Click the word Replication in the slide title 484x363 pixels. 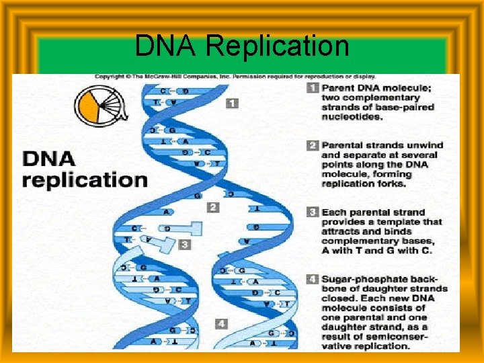pos(277,46)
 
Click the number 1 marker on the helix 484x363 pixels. pos(231,104)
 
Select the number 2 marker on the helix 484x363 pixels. pos(213,207)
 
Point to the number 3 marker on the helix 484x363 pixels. pos(185,245)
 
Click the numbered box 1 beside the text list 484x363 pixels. pos(313,88)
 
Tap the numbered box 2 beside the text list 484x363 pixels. pos(313,145)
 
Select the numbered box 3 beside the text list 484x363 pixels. pos(313,212)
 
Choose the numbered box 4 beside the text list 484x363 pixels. pos(313,278)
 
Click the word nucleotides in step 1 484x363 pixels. pos(352,117)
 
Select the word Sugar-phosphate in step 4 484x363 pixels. pos(362,278)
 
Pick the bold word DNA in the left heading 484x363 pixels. pos(50,159)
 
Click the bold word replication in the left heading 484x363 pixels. pos(85,180)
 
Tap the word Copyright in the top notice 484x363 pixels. pos(110,77)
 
